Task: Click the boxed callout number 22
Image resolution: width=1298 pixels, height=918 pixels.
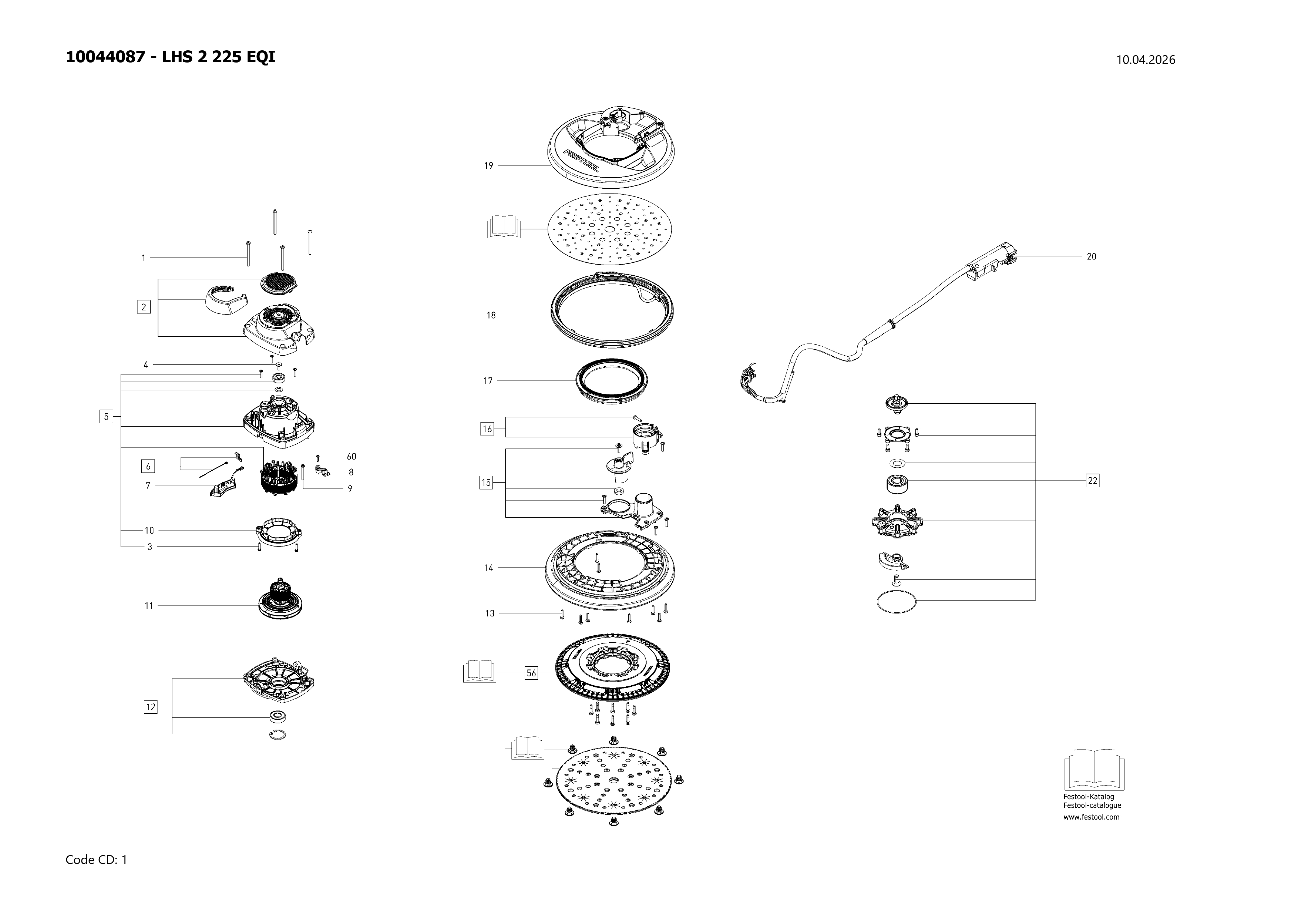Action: coord(1092,481)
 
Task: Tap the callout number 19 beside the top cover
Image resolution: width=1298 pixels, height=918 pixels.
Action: coord(488,166)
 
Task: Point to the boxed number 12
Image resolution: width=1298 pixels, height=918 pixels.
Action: coord(150,707)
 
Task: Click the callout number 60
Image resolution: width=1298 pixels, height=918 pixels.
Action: coord(351,456)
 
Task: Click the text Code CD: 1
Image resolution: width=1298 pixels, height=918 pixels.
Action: coord(96,860)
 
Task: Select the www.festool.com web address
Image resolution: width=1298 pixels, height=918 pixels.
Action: coord(1091,817)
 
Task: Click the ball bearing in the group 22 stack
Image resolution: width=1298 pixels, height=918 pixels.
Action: coord(897,484)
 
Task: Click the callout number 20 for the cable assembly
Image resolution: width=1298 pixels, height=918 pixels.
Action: coord(1091,257)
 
